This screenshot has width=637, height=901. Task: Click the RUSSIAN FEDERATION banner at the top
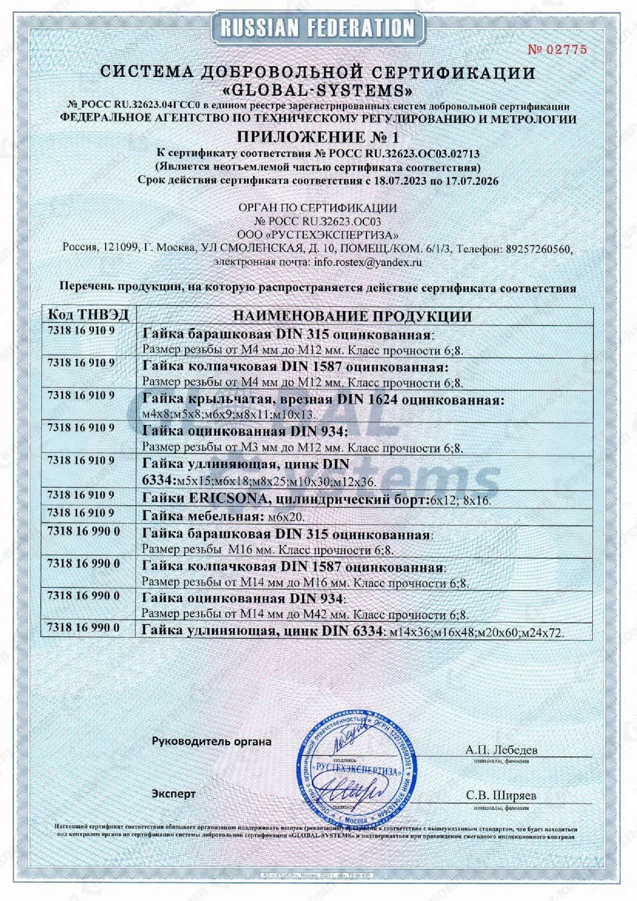[x=318, y=28]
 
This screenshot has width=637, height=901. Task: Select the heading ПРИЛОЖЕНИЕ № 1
[x=318, y=137]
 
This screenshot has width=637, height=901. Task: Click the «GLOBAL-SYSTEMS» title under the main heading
[x=318, y=91]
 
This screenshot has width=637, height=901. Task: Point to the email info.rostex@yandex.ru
[x=368, y=262]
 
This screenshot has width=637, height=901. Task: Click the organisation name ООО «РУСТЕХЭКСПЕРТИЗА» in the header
[x=318, y=235]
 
